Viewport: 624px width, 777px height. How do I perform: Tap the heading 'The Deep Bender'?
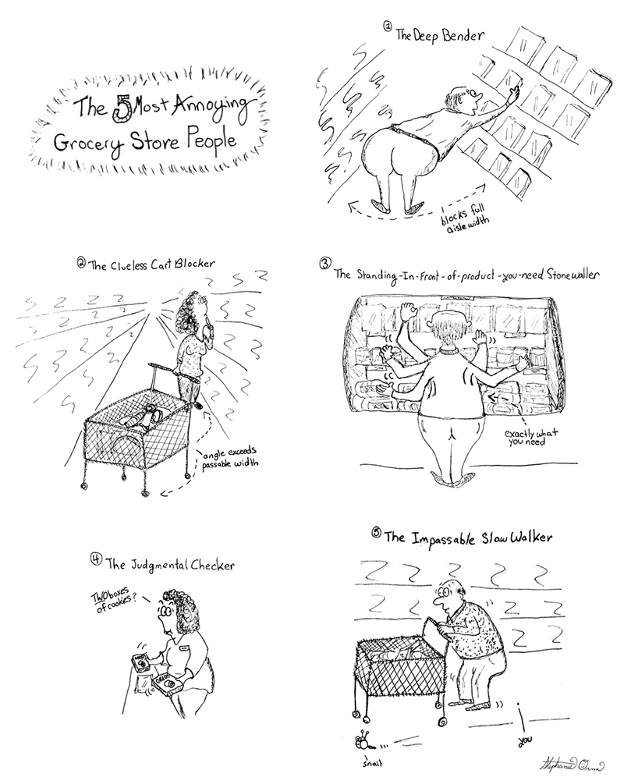click(439, 35)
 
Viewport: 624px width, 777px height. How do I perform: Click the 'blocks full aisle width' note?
click(464, 219)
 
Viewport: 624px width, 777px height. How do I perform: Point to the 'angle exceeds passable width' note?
click(229, 458)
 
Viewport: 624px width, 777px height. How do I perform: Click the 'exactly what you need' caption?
click(531, 437)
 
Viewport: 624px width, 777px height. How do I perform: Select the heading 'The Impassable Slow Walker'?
click(467, 538)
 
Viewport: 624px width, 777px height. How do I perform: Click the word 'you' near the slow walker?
click(526, 740)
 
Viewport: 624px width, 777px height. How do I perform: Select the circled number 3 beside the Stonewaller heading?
click(324, 263)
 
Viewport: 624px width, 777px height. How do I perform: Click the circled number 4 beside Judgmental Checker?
click(96, 559)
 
